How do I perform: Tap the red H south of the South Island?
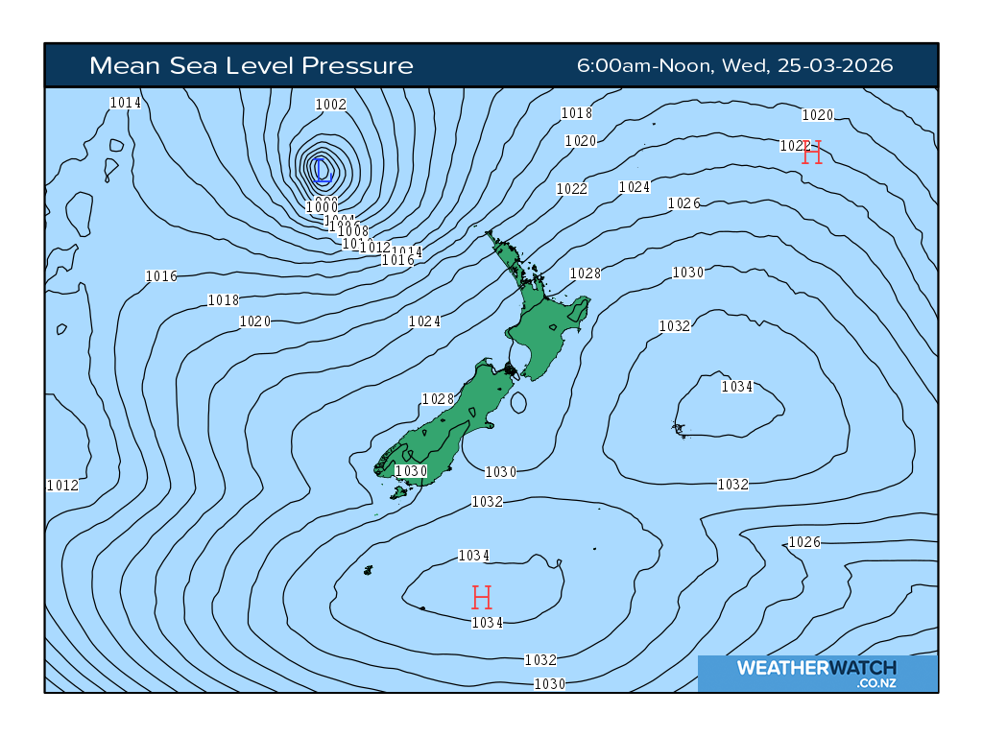click(x=482, y=598)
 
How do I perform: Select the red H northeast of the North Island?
click(x=812, y=152)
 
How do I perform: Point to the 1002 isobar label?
click(x=331, y=104)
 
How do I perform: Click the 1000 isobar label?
click(x=322, y=206)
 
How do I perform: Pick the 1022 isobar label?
click(x=571, y=188)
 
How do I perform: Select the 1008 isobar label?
click(x=353, y=230)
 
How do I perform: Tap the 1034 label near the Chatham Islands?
click(x=737, y=386)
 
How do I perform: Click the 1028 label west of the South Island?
click(x=438, y=398)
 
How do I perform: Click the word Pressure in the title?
click(x=357, y=65)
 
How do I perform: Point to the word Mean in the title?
click(x=116, y=65)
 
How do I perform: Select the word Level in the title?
click(x=264, y=65)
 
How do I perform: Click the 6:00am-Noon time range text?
click(x=642, y=65)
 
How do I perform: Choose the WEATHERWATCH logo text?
click(x=817, y=668)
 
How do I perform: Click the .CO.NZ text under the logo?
click(x=877, y=683)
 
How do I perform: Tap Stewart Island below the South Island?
click(x=398, y=492)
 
